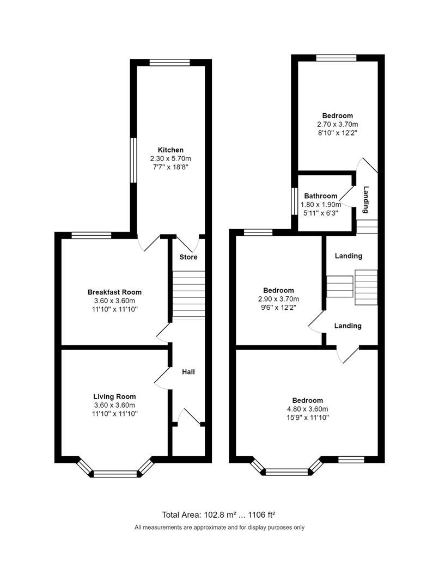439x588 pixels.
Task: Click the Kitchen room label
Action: point(170,150)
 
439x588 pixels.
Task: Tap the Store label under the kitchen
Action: point(188,257)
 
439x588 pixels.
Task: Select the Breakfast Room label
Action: point(114,292)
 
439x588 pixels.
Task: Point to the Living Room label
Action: point(114,396)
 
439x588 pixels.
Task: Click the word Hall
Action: point(188,372)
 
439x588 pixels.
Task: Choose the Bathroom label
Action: point(320,196)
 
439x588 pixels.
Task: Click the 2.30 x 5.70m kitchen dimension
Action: point(170,158)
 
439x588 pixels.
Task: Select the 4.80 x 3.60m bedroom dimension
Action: point(307,409)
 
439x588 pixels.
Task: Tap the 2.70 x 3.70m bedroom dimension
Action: point(337,124)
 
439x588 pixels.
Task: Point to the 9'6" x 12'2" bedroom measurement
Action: point(278,307)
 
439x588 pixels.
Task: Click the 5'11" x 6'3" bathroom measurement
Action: point(320,213)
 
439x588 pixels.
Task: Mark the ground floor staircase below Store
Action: point(188,294)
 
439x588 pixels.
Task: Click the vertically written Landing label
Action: point(367,200)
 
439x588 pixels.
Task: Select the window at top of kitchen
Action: point(170,63)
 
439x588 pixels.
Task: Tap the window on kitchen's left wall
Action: point(132,160)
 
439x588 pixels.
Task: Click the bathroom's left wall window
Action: point(294,202)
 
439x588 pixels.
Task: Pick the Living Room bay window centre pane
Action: point(115,474)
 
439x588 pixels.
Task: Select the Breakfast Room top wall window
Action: point(92,235)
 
